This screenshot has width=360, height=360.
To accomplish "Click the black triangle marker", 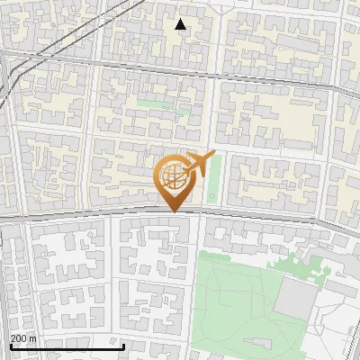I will pos(181,24).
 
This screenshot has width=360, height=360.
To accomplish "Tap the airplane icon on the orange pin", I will pos(197,164).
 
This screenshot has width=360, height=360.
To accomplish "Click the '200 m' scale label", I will pos(23,338).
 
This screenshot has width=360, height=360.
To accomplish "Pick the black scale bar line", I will pos(67,346).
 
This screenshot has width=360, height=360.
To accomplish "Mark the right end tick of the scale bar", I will pos(123,345).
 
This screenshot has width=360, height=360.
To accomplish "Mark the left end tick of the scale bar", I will pos(11,345).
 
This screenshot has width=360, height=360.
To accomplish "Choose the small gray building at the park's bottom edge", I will pos(270,351).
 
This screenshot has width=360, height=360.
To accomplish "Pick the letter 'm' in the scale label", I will pos(32,338).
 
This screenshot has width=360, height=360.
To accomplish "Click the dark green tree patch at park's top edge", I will pos(297,266).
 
